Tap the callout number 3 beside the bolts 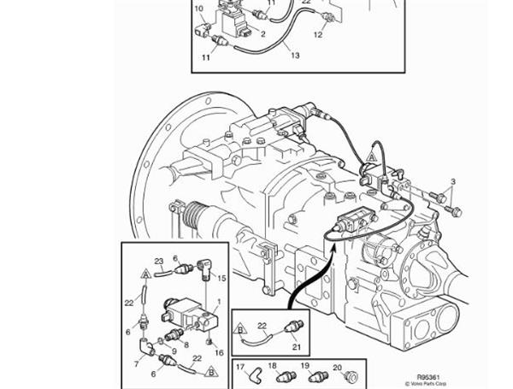[x=453, y=182]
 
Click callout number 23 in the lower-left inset [x=158, y=261]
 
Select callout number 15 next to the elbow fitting [x=221, y=279]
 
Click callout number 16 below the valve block [x=220, y=351]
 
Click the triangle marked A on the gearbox [x=372, y=156]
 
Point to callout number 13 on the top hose [x=295, y=56]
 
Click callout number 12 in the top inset [x=318, y=35]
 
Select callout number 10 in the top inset [x=198, y=9]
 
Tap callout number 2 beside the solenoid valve [x=263, y=35]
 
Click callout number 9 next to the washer [x=175, y=350]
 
